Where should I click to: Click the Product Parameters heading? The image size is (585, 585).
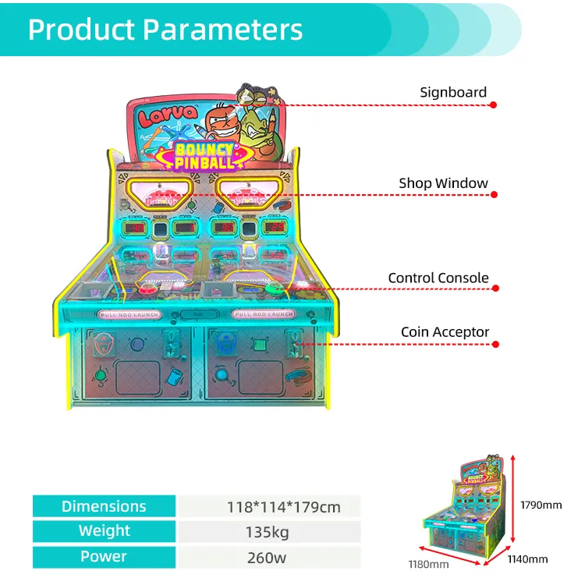click(x=165, y=29)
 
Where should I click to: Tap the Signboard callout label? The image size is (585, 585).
click(x=453, y=92)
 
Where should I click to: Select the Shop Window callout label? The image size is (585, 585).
click(x=443, y=183)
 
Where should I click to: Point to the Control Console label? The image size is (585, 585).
click(x=438, y=278)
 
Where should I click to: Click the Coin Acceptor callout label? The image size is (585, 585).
click(x=445, y=332)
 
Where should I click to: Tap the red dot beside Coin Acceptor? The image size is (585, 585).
click(x=495, y=344)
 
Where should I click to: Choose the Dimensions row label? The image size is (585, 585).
click(x=104, y=507)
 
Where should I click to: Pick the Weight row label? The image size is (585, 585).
click(x=104, y=531)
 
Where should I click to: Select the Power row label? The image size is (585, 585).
click(x=104, y=557)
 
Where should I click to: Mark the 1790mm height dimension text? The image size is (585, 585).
click(x=541, y=505)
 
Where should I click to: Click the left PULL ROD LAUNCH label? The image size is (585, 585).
click(x=129, y=314)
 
